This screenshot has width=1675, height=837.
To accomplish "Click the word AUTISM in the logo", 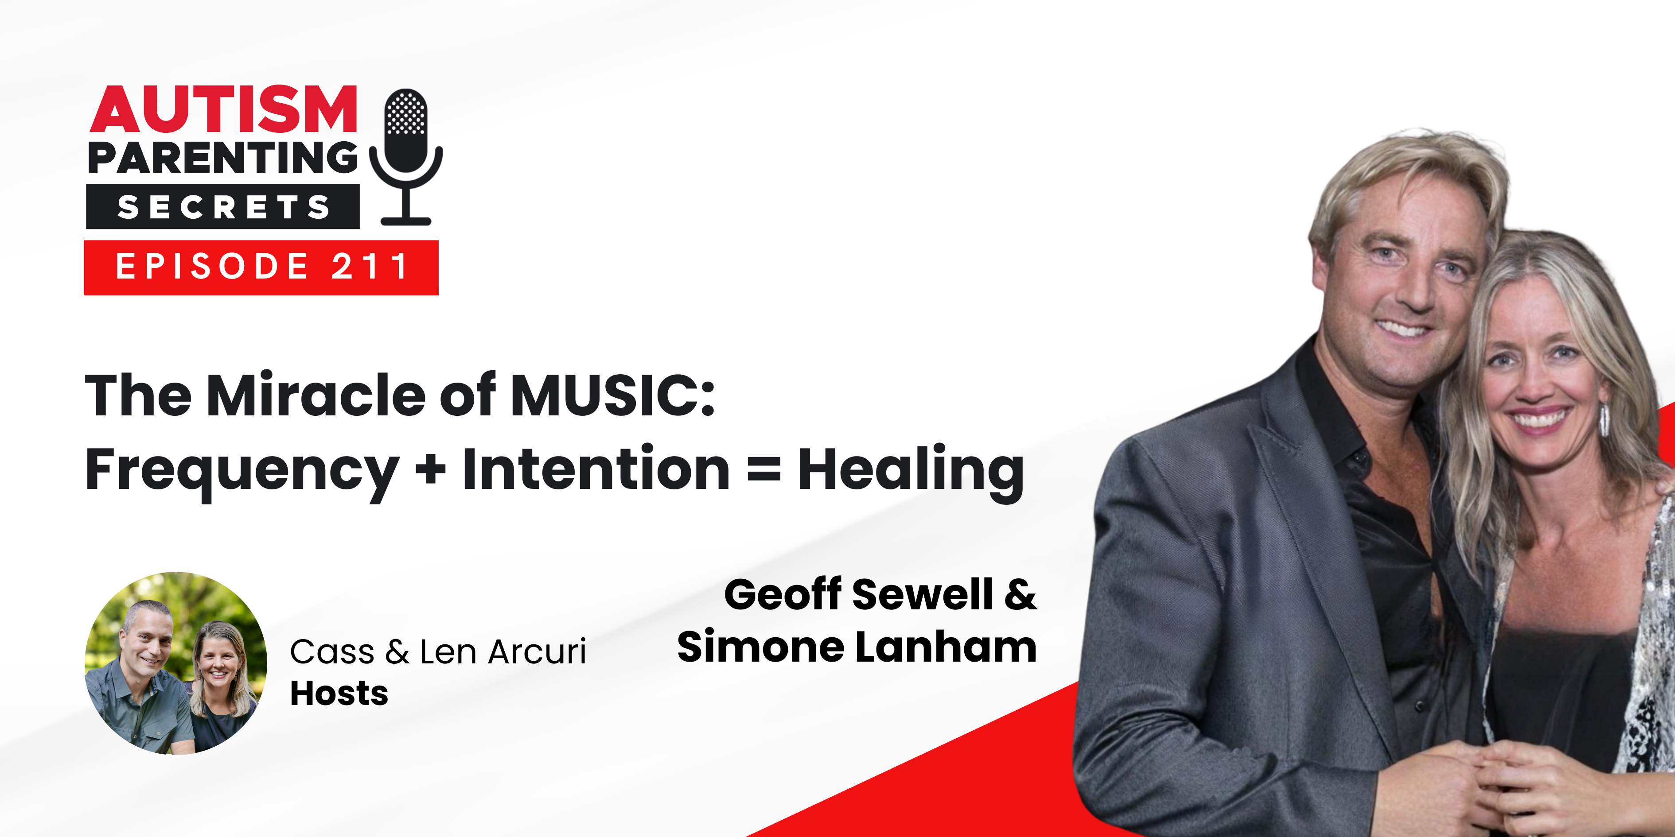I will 223,110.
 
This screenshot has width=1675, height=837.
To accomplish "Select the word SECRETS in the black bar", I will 223,207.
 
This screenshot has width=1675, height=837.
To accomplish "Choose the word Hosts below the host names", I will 339,694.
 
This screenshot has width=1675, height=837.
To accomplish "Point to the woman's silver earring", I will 1604,420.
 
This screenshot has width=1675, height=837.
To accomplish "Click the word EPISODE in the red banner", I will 212,267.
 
